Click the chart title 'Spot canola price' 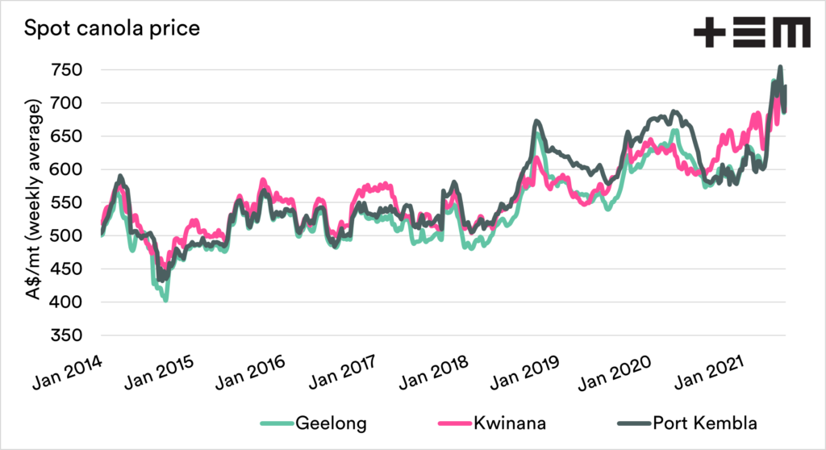pyautogui.click(x=112, y=29)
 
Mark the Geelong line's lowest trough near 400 pyautogui.click(x=165, y=300)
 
